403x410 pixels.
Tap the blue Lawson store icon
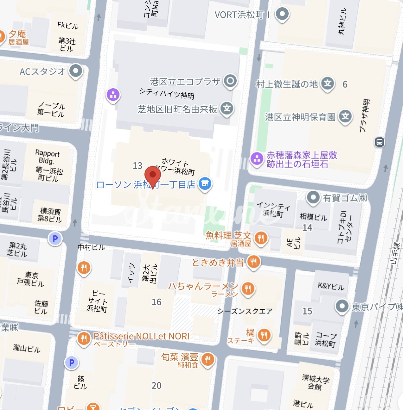[x=205, y=184]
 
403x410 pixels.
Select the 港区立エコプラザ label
[x=185, y=82]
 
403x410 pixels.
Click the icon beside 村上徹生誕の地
[x=328, y=84]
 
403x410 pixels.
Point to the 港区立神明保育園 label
[x=300, y=117]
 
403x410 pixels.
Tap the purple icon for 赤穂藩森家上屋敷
[x=257, y=158]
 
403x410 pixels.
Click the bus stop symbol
[x=379, y=142]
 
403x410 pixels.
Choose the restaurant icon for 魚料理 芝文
[x=261, y=238]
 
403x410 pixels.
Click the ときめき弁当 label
[x=218, y=262]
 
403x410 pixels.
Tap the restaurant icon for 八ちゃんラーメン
[x=248, y=289]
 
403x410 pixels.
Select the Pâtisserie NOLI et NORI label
[x=141, y=336]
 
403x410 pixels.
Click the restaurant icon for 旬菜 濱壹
[x=208, y=359]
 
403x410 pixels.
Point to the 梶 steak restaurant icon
[x=264, y=335]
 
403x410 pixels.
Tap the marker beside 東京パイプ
[x=342, y=306]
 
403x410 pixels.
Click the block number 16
[x=157, y=302]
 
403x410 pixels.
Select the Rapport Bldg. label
[x=47, y=157]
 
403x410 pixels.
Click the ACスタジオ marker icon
[x=76, y=71]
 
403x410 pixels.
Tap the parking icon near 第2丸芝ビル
[x=55, y=239]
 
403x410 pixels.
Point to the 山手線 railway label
[x=395, y=253]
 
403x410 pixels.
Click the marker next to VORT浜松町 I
[x=282, y=14]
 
